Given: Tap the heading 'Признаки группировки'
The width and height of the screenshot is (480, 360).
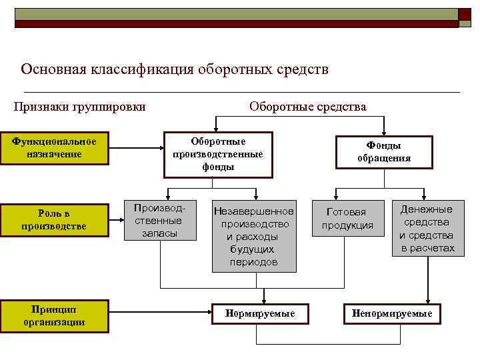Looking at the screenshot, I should pyautogui.click(x=80, y=106).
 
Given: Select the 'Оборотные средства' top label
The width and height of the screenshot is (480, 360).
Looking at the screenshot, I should pyautogui.click(x=307, y=106).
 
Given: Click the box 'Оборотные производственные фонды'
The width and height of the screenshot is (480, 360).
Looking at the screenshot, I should pyautogui.click(x=218, y=154).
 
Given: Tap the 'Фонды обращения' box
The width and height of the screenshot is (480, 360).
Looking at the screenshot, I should pyautogui.click(x=384, y=153).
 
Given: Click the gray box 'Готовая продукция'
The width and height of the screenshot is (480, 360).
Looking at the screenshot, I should pyautogui.click(x=347, y=219).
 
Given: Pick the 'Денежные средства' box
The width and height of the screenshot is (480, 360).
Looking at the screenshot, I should pyautogui.click(x=427, y=229).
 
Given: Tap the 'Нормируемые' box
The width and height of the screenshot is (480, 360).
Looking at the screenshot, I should pyautogui.click(x=260, y=313).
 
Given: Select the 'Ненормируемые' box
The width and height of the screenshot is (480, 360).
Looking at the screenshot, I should pyautogui.click(x=391, y=313).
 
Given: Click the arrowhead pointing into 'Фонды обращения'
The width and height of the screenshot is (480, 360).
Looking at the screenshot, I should pyautogui.click(x=385, y=133).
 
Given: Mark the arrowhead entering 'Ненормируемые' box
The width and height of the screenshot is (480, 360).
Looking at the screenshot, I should pyautogui.click(x=427, y=301).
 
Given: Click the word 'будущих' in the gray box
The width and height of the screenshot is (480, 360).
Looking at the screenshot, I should pyautogui.click(x=254, y=249).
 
